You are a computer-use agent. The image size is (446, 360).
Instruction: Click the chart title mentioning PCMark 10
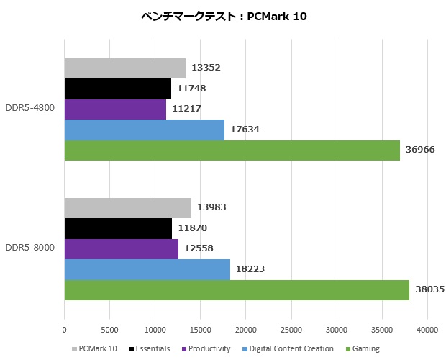click(224, 17)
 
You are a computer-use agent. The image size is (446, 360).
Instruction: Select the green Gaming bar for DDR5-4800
click(232, 150)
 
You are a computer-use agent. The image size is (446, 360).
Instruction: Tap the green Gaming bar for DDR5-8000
click(237, 290)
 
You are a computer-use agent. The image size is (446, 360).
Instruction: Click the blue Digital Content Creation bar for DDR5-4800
click(144, 130)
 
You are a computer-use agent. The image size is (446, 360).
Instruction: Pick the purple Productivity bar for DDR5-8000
click(121, 249)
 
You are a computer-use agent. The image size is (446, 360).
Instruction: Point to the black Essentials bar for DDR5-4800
click(117, 89)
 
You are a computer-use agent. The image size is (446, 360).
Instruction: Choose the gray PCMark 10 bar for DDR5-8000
click(127, 208)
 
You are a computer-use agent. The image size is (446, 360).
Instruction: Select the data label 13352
click(205, 68)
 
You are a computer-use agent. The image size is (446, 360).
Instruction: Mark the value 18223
click(250, 269)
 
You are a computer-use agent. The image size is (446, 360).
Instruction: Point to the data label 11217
click(186, 109)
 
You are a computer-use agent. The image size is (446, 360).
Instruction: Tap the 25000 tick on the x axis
click(291, 330)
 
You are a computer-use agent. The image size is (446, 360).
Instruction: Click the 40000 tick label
click(427, 330)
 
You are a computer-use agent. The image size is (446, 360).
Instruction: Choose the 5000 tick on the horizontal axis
click(109, 330)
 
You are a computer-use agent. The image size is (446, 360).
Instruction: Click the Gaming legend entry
click(363, 348)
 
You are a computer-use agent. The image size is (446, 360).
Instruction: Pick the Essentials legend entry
click(150, 348)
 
